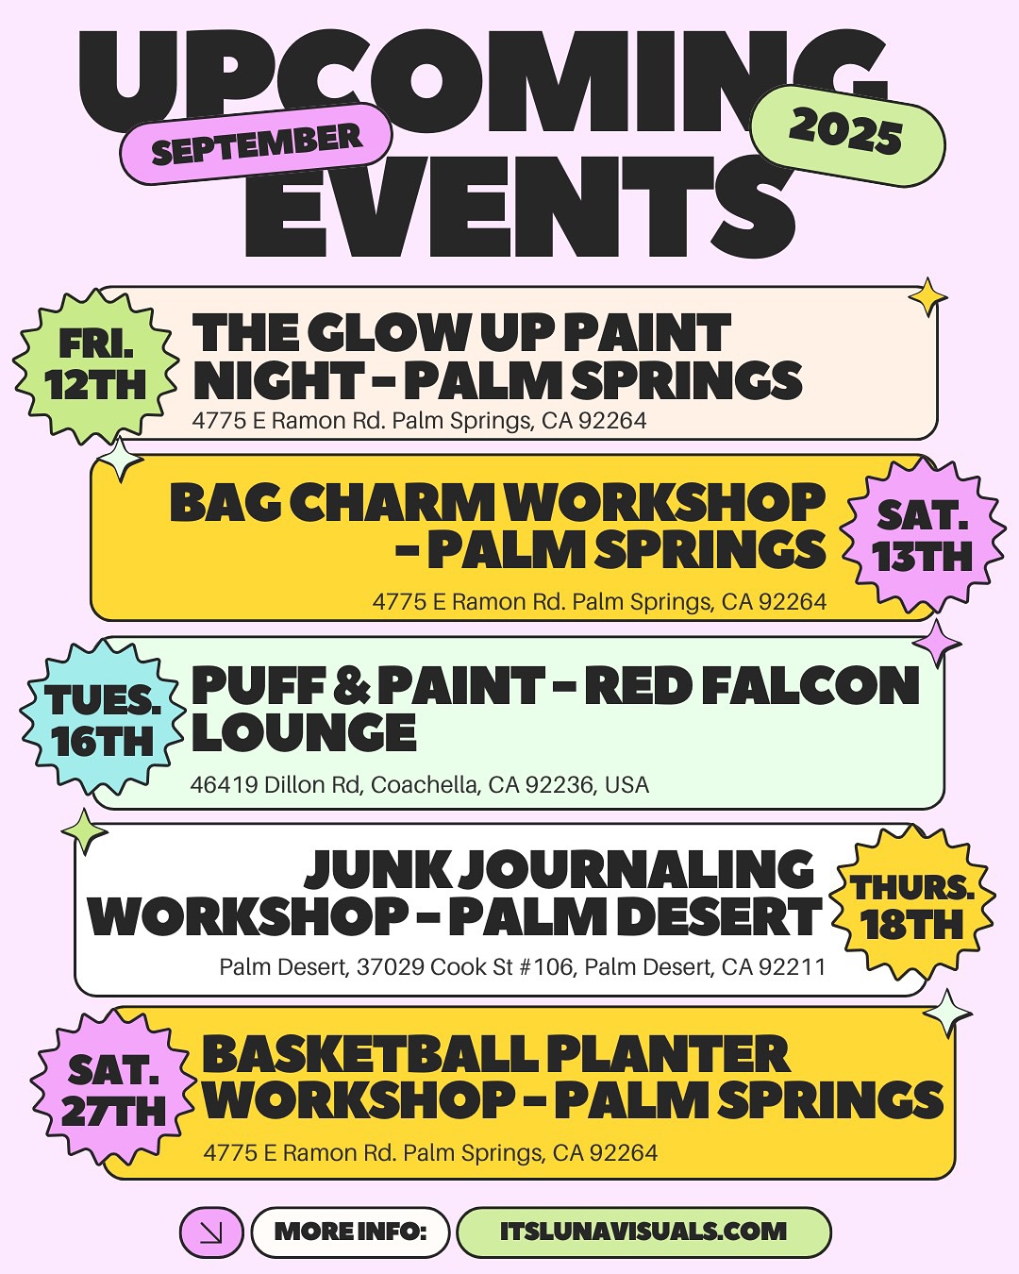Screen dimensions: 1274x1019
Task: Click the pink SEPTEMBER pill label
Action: [256, 143]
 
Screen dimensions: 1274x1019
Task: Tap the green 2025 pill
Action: [846, 132]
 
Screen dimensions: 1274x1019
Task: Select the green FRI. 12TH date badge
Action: [95, 365]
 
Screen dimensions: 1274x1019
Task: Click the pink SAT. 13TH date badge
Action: [922, 536]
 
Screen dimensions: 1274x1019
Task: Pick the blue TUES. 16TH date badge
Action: [102, 722]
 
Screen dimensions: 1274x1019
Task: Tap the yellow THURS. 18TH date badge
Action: [911, 907]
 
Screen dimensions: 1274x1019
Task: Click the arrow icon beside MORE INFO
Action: [211, 1232]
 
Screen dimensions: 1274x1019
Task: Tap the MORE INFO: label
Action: [350, 1232]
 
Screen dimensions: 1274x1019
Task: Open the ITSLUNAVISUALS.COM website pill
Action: [643, 1232]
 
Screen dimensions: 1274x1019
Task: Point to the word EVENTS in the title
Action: [519, 210]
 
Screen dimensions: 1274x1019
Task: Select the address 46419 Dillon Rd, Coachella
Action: [419, 785]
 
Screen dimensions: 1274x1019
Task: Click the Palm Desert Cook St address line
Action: [522, 967]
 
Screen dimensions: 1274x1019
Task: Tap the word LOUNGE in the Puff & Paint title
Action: [304, 733]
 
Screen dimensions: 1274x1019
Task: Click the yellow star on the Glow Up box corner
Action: [927, 298]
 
